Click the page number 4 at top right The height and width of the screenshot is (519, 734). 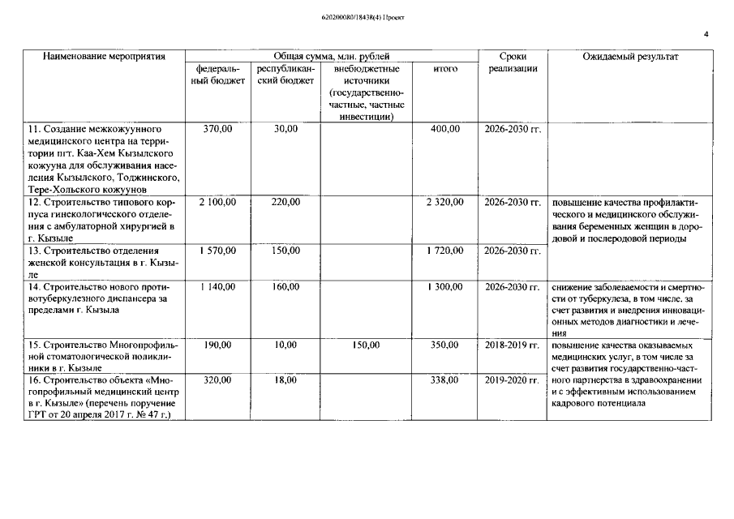pyautogui.click(x=706, y=35)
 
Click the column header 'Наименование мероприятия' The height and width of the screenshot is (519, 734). pyautogui.click(x=105, y=57)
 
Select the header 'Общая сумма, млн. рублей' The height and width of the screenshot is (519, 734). pyautogui.click(x=331, y=57)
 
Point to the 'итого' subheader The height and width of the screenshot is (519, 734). pyautogui.click(x=445, y=70)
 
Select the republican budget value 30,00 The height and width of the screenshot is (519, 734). pyautogui.click(x=285, y=129)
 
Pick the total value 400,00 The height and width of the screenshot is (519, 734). pyautogui.click(x=445, y=129)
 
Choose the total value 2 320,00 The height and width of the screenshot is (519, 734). pyautogui.click(x=445, y=202)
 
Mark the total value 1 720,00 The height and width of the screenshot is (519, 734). pyautogui.click(x=445, y=251)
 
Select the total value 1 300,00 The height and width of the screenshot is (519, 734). pyautogui.click(x=445, y=287)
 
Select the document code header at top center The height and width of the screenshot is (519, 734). pyautogui.click(x=363, y=16)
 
